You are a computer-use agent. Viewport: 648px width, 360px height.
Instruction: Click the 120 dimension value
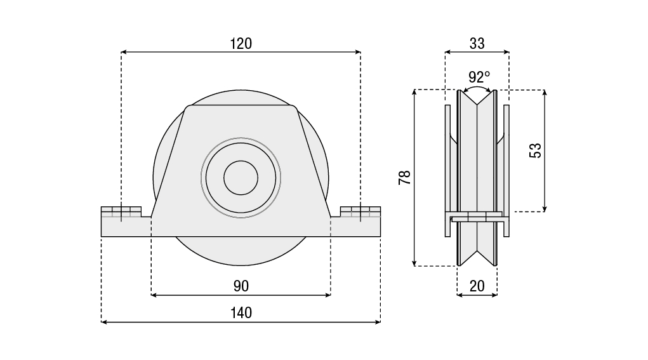(x=241, y=43)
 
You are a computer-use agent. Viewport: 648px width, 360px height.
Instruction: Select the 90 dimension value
(x=241, y=286)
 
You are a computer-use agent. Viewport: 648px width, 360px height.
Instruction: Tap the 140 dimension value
(x=241, y=313)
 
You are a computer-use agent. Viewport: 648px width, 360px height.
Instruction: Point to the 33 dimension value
(x=477, y=43)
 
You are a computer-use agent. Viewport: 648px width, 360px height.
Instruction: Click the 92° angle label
(x=479, y=77)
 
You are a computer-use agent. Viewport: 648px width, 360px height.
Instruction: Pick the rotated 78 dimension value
(x=404, y=178)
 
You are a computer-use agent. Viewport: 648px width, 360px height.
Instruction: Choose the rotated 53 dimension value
(x=536, y=150)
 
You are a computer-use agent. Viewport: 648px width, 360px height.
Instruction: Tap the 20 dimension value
(x=477, y=286)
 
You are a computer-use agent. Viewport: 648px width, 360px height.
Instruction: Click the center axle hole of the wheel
(x=241, y=177)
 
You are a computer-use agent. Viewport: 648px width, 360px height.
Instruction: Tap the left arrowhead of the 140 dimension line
(x=105, y=322)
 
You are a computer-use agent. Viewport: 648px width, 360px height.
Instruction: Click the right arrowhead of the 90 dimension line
(x=327, y=295)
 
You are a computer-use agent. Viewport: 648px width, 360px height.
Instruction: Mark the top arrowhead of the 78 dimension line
(x=414, y=93)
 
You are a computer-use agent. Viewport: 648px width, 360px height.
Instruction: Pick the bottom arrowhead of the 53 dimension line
(x=545, y=208)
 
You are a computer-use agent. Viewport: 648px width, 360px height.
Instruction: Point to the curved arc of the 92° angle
(x=477, y=88)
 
